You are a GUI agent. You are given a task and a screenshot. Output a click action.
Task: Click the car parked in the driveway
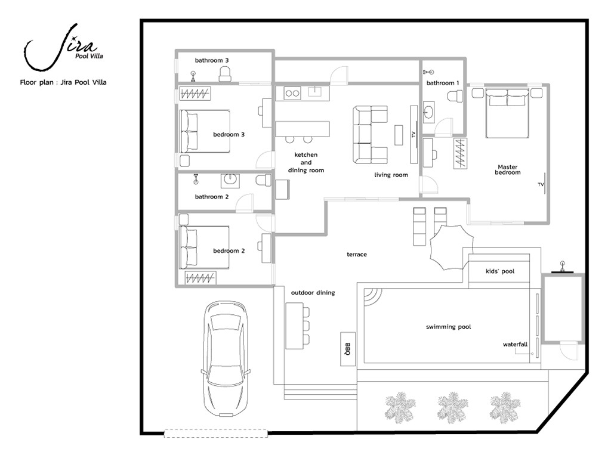point(226,358)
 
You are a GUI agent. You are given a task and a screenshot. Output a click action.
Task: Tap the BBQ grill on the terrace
point(348,349)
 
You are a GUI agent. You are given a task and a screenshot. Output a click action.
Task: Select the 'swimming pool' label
point(448,327)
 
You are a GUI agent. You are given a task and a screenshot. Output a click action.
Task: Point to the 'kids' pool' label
point(500,271)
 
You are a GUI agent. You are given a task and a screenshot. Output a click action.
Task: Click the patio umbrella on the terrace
point(451,247)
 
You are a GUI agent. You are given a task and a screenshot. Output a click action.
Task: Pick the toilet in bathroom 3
point(225,74)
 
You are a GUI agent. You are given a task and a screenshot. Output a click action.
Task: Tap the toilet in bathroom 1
point(455,96)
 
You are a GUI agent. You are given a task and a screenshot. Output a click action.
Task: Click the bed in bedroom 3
point(205,131)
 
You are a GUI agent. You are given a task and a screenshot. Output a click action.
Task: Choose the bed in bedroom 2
point(204,247)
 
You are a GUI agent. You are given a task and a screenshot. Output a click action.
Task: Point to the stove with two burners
point(292,93)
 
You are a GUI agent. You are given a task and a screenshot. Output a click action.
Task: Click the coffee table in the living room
point(398,135)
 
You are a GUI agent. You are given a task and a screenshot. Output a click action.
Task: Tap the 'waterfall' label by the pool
point(515,344)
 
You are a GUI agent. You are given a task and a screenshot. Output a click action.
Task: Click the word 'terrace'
point(357,254)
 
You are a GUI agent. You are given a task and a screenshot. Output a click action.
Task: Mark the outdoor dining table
point(295,326)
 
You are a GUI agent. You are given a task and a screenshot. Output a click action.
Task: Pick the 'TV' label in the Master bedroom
point(541,184)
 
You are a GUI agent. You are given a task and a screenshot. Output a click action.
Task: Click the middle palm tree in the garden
point(452,407)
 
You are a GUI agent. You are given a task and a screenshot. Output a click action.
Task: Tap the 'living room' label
point(391,175)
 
